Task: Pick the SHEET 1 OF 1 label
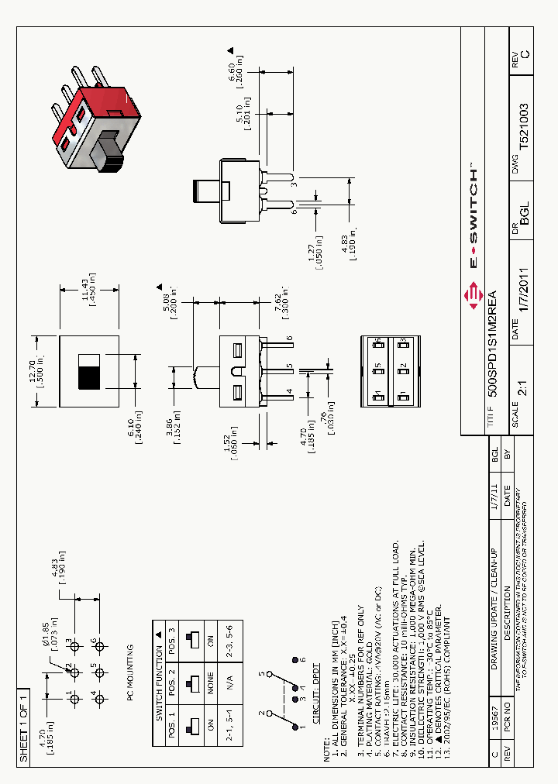(x=23, y=725)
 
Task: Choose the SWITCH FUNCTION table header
(x=159, y=674)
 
